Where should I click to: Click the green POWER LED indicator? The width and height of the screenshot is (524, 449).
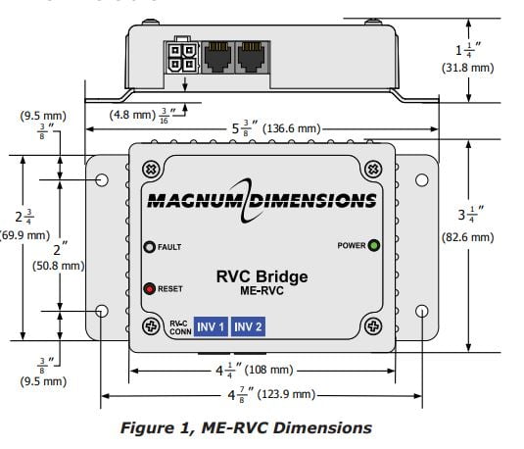coord(373,245)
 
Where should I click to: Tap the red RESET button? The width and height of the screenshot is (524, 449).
coord(150,289)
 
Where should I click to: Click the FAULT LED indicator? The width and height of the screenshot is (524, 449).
coord(150,247)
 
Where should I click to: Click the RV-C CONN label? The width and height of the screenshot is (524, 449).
coord(176,326)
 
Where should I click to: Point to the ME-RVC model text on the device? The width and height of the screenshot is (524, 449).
coord(262,292)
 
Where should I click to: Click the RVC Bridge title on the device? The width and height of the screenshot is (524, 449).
coord(262,276)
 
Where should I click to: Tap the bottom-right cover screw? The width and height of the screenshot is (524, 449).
coord(372,325)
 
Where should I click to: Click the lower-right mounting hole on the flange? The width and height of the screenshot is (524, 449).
coord(422,311)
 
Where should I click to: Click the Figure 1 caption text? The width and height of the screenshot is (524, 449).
coord(245,427)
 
